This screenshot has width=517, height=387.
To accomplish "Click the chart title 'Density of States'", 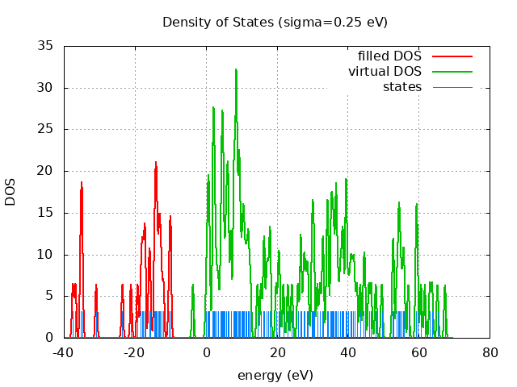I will coord(218,22).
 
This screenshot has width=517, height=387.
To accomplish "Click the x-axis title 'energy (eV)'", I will coord(275,375).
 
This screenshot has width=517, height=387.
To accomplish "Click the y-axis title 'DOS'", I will coord(11,192).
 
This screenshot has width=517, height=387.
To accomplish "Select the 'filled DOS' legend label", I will coord(389,56).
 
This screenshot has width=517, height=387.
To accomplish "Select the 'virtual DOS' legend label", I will coord(385,72).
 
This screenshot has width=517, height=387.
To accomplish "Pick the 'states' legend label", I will coord(401,87).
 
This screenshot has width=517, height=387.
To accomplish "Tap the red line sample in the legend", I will coord(452,56).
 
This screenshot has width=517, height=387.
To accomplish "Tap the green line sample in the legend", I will coord(452,72).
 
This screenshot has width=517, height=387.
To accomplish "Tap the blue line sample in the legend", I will coord(452,87).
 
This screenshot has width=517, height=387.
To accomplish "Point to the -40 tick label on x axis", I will coord(64,352).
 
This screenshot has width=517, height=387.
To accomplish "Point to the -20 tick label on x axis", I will coord(135,352).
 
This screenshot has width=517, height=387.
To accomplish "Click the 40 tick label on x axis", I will coord(348,352).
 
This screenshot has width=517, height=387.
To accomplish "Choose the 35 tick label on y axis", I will coord(46,46).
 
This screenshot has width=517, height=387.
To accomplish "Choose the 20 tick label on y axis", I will coord(46,171).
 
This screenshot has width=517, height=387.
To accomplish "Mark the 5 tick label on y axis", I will coord(50,296).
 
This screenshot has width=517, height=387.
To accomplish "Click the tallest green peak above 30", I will coord(236,70).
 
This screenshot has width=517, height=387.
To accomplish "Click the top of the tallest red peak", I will coord(156,163).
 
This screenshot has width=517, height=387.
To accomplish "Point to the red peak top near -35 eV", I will coord(82,183).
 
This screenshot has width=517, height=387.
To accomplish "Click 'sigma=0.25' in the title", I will coord(331,22).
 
